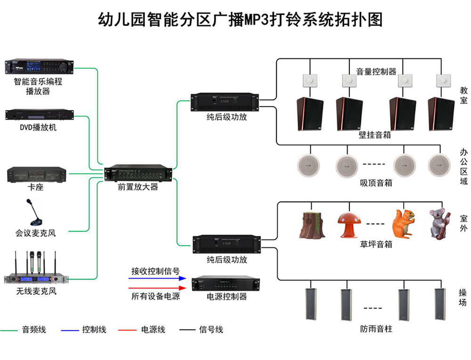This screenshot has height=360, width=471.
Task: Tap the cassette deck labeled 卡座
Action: (37, 175)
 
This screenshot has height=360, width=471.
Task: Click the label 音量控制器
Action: (376, 72)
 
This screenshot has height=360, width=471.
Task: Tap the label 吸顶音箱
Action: (376, 183)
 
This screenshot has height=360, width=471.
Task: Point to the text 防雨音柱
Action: (376, 329)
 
